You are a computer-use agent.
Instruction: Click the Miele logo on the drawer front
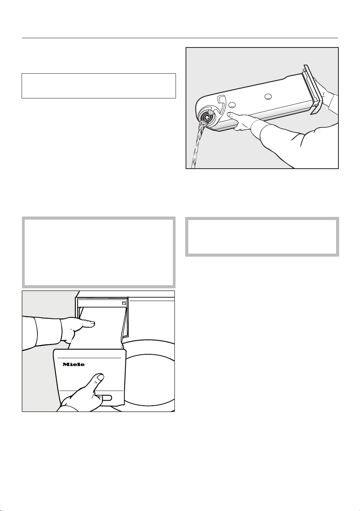coord(73,364)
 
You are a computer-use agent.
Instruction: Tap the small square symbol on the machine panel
coord(124,303)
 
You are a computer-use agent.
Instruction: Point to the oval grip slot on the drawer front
coord(107,398)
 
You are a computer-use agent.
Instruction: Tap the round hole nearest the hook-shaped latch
coord(232,105)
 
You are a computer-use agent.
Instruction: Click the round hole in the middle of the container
coord(268,97)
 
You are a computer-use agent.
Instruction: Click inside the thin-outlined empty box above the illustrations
coord(99,86)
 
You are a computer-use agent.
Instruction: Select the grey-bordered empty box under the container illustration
coord(262,237)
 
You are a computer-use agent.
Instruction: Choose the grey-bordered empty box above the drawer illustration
coord(99,252)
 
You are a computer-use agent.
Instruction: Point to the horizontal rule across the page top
coord(180,38)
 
